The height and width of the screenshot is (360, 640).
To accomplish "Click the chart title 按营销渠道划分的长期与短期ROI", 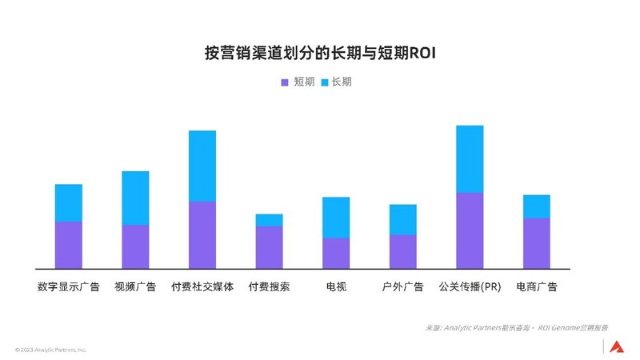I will (x=320, y=54).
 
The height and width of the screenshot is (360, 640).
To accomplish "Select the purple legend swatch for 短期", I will (x=285, y=82).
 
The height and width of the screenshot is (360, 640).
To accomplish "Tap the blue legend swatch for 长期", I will (x=324, y=82).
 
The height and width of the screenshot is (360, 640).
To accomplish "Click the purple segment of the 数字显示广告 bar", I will (x=69, y=245).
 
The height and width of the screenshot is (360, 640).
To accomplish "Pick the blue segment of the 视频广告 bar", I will (x=135, y=198).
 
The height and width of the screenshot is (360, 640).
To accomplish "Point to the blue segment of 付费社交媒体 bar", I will (x=202, y=166).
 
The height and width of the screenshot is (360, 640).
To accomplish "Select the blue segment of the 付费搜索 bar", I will (x=269, y=220).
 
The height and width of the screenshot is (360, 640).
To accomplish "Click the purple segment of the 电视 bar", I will (x=336, y=253).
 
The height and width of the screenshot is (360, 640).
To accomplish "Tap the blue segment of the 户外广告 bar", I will (x=403, y=219).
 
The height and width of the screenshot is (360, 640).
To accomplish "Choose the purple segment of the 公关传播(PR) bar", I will (x=470, y=230).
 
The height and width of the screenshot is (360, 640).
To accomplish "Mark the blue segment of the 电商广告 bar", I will (x=537, y=206).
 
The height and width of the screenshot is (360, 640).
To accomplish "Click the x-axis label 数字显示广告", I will (x=69, y=286).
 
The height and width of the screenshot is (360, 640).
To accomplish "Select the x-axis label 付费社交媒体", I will (x=202, y=286).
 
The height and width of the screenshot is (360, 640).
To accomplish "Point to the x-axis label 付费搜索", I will (x=269, y=286).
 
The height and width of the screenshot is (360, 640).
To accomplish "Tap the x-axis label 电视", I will (x=336, y=286).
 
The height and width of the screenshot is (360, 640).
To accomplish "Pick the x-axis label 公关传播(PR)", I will (x=470, y=286).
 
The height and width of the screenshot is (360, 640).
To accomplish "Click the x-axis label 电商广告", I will (x=537, y=286).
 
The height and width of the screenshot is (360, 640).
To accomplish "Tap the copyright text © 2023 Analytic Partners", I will (x=50, y=350).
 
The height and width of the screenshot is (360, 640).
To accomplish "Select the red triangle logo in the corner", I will (x=616, y=346).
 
